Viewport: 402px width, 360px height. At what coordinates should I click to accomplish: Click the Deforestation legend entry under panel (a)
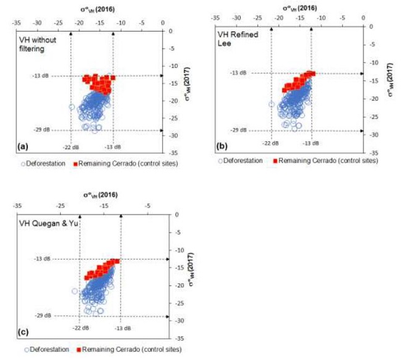tap(46, 164)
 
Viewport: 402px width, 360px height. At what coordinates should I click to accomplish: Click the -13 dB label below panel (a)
tap(113, 147)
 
